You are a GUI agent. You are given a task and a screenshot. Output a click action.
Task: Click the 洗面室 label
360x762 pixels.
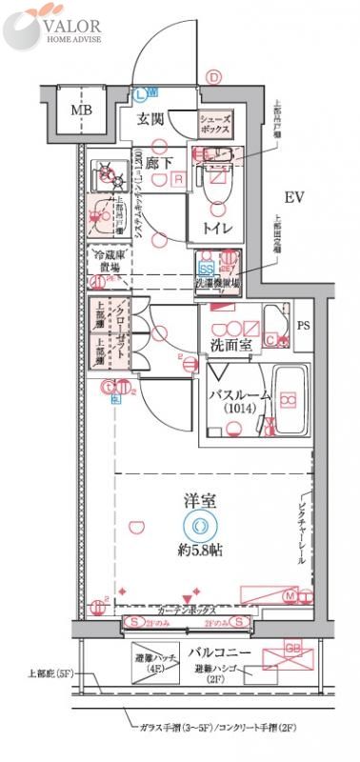pyautogui.click(x=227, y=345)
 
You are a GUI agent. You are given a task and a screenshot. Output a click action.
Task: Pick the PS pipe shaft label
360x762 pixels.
pyautogui.click(x=303, y=326)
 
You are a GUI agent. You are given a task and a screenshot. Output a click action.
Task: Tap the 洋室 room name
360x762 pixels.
pyautogui.click(x=198, y=499)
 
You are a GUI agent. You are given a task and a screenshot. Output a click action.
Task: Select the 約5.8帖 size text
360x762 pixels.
pyautogui.click(x=198, y=550)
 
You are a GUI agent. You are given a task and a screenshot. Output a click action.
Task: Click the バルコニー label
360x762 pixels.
pyautogui.click(x=218, y=652)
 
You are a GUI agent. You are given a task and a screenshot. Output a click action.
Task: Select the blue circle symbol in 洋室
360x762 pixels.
pyautogui.click(x=198, y=525)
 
